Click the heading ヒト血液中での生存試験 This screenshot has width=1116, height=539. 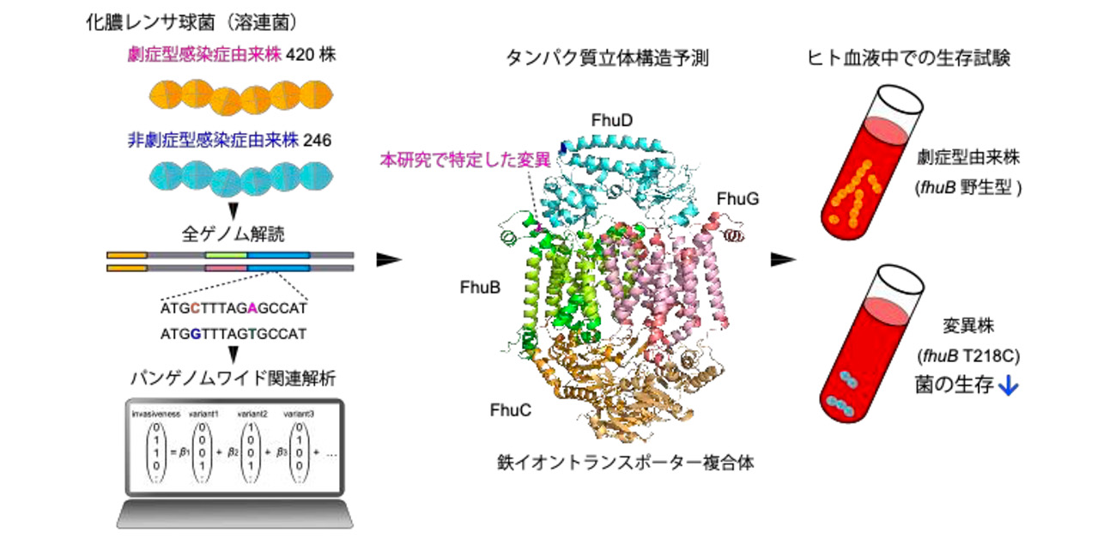tap(911, 58)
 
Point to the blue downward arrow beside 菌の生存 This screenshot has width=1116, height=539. tap(1010, 387)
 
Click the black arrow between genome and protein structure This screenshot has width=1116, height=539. tap(391, 258)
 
